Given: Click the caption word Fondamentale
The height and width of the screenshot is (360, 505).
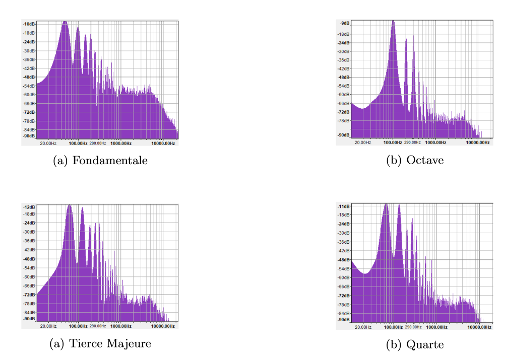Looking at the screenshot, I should tap(110, 161).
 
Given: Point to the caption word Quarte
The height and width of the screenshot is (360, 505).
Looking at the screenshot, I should tap(427, 344).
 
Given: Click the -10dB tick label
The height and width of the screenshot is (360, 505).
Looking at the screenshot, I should tap(29, 24).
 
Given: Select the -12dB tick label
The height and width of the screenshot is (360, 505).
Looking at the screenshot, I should tap(29, 207).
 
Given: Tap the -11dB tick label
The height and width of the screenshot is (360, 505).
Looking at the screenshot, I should tap(344, 207).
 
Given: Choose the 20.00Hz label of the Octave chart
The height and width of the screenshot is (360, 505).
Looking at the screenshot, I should tap(363, 142).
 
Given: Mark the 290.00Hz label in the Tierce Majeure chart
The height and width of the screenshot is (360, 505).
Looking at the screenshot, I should tap(98, 326).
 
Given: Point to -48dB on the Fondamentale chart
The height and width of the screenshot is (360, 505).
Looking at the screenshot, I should tap(29, 78).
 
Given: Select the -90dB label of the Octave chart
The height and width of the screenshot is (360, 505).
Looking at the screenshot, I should tap(344, 135).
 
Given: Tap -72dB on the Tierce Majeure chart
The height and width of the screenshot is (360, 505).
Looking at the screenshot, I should tap(29, 295).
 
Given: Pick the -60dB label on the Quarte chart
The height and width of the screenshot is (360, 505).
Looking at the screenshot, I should tap(344, 277).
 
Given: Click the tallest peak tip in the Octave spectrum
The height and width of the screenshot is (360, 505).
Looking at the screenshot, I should tap(393, 21).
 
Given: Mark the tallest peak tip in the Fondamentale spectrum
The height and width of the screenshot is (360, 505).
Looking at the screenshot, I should tap(65, 22).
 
